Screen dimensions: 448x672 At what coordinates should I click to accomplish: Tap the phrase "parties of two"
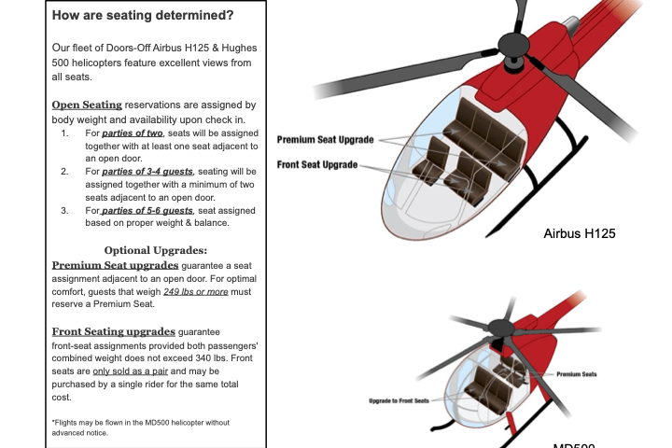click(x=133, y=133)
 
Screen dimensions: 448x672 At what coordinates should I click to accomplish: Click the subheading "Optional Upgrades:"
click(x=155, y=250)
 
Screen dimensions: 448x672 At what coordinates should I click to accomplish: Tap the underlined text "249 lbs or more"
click(x=195, y=292)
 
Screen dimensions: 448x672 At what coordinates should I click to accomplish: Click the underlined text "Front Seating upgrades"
click(x=113, y=331)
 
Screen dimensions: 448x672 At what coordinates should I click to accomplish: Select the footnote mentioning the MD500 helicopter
click(x=140, y=427)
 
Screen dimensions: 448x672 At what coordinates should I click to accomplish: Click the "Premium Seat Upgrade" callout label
click(x=325, y=140)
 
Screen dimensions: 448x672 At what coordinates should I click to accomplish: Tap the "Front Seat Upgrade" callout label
click(x=317, y=165)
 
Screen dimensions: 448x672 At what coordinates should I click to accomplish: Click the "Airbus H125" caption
click(x=579, y=233)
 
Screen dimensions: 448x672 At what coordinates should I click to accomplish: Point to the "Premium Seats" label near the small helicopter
click(x=577, y=374)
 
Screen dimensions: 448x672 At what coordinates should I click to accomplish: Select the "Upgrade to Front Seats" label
click(x=399, y=400)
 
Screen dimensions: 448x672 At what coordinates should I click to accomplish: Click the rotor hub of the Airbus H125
click(x=512, y=43)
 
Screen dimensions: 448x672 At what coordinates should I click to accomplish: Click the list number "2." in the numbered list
click(x=64, y=172)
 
